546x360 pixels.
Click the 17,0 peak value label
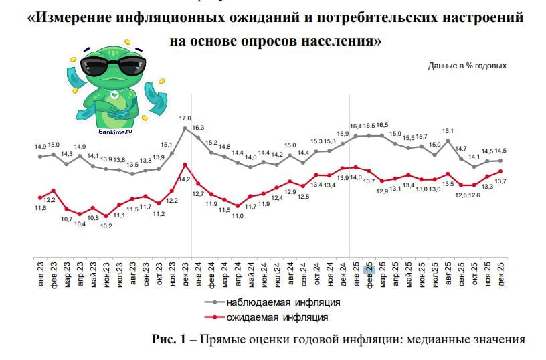tap(185, 118)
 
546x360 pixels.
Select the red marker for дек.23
tap(185, 165)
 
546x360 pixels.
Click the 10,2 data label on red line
tap(106, 226)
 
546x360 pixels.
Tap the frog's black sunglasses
tap(110, 65)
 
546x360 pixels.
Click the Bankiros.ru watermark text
tap(115, 132)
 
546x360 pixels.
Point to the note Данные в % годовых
tap(467, 66)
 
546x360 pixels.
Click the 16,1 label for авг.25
tap(448, 131)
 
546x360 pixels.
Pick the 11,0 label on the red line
tap(238, 215)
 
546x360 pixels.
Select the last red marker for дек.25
tap(500, 171)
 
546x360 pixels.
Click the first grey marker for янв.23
tap(40, 156)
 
